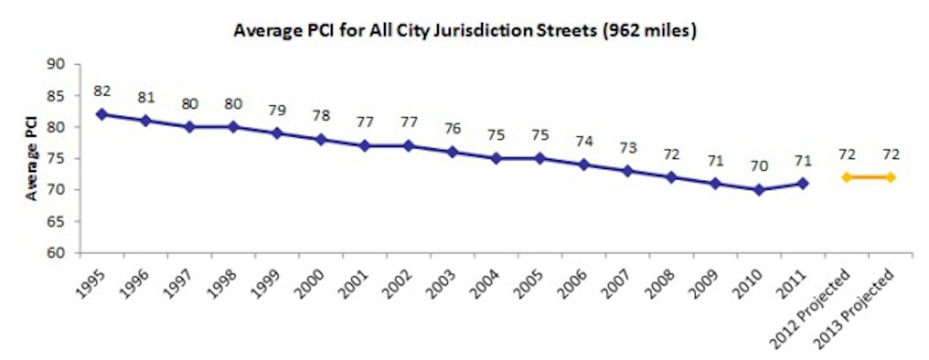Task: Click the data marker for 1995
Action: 102,114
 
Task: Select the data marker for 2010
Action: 759,190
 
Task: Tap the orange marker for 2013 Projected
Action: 890,177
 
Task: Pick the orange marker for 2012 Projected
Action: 846,177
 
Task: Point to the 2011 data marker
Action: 803,184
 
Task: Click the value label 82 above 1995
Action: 102,91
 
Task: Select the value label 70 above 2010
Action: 759,166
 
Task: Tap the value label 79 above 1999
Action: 277,110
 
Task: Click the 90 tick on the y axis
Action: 56,65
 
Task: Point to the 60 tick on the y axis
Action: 56,253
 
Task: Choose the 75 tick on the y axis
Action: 56,159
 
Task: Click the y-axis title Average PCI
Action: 31,159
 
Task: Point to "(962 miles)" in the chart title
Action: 649,31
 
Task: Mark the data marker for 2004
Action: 496,159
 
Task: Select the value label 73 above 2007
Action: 628,148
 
